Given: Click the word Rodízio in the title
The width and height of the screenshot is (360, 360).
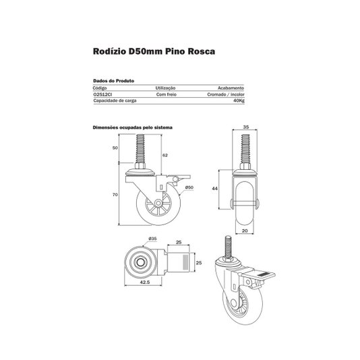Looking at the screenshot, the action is click(109, 51).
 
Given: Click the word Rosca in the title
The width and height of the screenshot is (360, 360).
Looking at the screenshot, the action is click(202, 51).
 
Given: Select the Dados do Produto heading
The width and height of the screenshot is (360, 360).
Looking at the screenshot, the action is click(114, 81).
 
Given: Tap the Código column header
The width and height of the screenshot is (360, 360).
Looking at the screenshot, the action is click(100, 88).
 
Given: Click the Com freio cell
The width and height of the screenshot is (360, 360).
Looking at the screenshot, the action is click(167, 94).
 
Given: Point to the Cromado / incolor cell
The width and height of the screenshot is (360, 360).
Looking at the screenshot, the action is click(226, 94).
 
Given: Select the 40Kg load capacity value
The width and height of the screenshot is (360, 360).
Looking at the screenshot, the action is click(239, 100).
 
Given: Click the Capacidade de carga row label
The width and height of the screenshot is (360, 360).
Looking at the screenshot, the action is click(115, 100).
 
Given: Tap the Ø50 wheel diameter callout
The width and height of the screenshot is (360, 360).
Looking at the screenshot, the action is click(189, 187).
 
